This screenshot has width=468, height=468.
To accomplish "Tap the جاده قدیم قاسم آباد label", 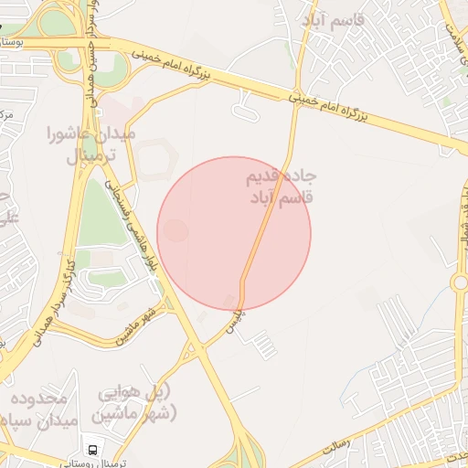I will coord(280,186).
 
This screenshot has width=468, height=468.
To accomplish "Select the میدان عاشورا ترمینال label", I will coord(90,144).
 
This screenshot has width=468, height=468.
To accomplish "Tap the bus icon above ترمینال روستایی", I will coord(91,450).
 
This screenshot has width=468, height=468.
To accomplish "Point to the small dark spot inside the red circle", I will coord(177,231).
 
